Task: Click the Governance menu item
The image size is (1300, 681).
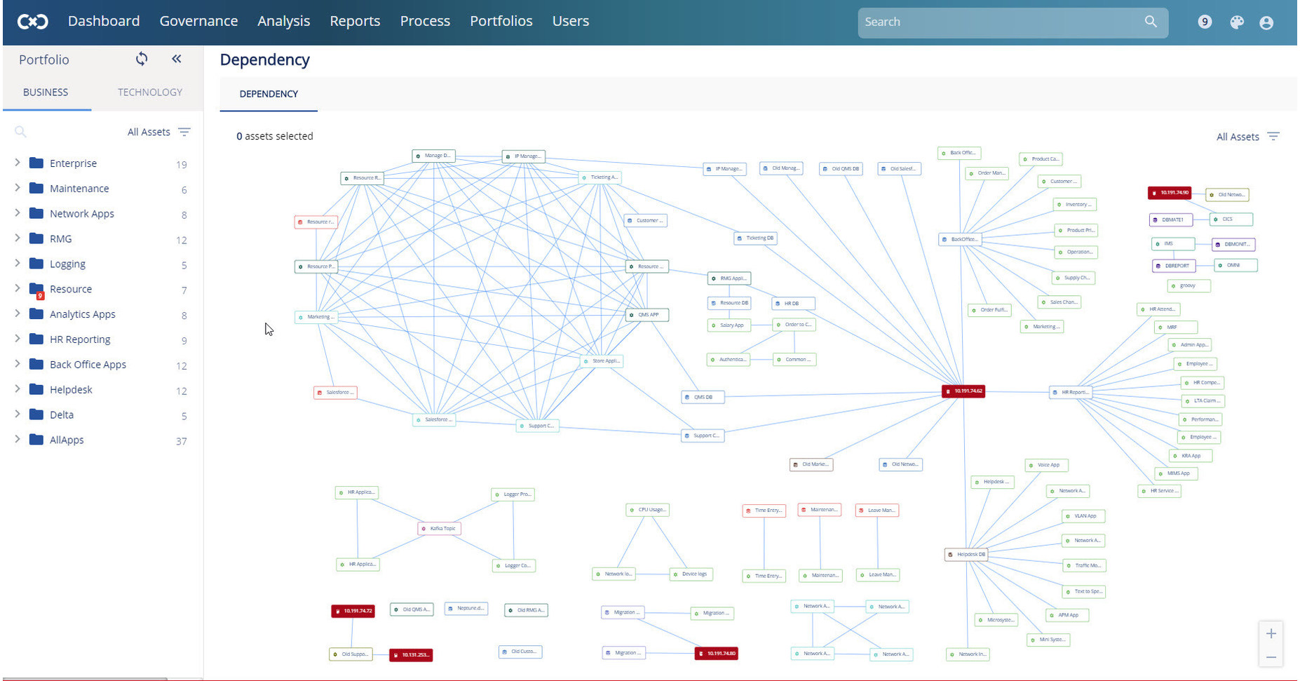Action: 198,21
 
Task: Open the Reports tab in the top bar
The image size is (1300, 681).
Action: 355,21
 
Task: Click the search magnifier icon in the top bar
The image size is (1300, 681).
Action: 1151,22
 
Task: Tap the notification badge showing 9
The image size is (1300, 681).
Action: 1205,22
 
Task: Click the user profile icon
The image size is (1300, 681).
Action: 1266,22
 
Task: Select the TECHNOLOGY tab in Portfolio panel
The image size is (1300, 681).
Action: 149,92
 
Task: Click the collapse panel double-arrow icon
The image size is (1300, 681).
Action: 177,59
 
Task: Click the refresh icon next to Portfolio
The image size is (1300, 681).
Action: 142,59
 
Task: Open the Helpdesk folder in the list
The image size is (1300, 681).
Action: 71,389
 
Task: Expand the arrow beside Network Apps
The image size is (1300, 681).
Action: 18,213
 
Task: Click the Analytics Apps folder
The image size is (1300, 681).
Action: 82,314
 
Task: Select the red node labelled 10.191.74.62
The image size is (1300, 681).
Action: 963,391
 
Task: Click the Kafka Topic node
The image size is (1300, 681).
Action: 439,528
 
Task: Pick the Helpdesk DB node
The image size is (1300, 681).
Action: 966,554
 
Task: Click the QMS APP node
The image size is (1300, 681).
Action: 646,315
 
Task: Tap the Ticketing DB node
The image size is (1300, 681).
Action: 755,238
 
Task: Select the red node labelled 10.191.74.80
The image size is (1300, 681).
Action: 716,653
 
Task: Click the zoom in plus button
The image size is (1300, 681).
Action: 1271,633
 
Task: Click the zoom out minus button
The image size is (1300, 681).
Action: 1271,657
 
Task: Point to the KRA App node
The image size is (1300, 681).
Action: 1190,455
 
